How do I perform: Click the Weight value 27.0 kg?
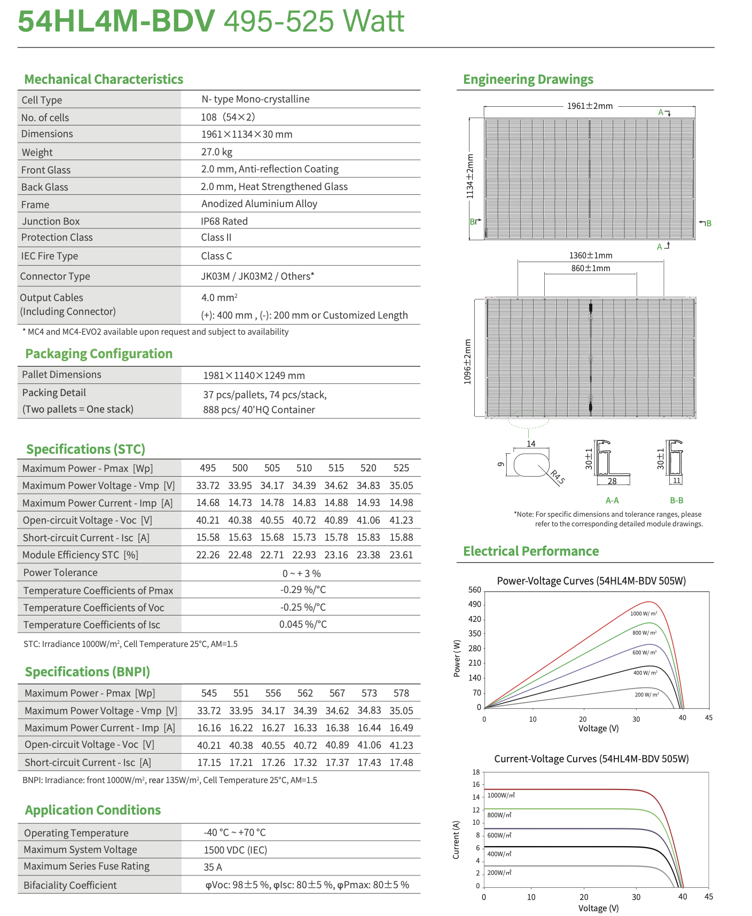coord(216,152)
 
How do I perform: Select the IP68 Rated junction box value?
coord(224,221)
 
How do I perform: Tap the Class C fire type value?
coord(216,256)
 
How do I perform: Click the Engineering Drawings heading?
coord(528,80)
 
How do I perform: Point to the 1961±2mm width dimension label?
coord(590,106)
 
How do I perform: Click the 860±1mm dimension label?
coord(590,269)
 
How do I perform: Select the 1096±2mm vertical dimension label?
coord(468,361)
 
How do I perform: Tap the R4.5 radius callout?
coord(557,477)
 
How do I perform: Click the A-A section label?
coord(612,501)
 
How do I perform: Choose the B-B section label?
coord(677,501)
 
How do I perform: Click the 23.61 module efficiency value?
coord(401,555)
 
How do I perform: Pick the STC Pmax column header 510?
coord(304,468)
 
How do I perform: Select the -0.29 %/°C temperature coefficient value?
coord(303,590)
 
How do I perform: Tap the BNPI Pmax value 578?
coord(401,693)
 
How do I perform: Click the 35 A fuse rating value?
coord(213,867)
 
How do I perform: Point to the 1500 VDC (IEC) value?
coord(235,850)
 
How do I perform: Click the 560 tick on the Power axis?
coord(474,590)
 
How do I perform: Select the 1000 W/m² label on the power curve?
coord(644,614)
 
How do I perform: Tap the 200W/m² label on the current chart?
coord(499,873)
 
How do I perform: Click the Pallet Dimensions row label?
coord(61,375)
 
